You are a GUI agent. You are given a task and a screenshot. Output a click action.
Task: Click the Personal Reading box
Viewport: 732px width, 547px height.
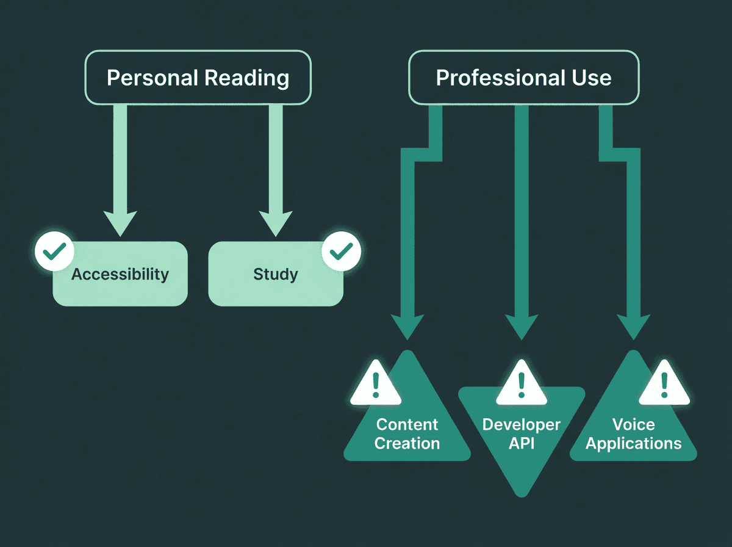click(x=198, y=78)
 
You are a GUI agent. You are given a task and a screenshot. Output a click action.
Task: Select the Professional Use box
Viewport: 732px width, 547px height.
click(x=523, y=78)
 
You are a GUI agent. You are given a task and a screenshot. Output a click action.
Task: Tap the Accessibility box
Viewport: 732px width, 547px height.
click(x=120, y=275)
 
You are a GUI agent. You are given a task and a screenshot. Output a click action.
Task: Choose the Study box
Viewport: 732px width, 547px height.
click(x=276, y=275)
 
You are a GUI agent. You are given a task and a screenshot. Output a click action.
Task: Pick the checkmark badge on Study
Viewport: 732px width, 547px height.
click(x=341, y=250)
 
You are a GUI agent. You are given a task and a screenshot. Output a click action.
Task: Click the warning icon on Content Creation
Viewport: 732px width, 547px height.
click(x=375, y=385)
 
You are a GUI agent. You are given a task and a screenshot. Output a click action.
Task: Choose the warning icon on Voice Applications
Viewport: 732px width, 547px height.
click(x=664, y=385)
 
